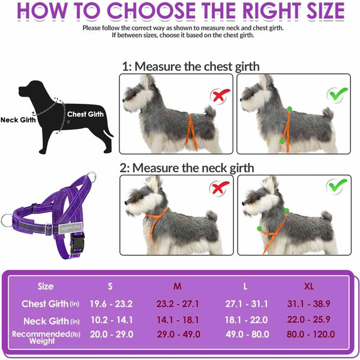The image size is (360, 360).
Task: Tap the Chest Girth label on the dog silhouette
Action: tap(85, 114)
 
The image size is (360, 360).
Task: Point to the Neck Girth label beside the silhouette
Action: tap(18, 120)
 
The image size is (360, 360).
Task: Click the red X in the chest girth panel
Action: tap(220, 95)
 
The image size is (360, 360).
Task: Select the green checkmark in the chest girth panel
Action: tap(337, 94)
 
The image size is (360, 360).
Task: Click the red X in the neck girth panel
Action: tap(219, 188)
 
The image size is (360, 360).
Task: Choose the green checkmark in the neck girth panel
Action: tap(337, 186)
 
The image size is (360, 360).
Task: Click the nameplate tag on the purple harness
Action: tap(70, 228)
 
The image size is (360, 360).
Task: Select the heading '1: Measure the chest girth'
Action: tap(191, 67)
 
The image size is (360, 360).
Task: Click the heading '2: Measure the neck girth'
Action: tap(187, 168)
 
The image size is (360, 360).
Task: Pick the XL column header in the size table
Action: tap(308, 286)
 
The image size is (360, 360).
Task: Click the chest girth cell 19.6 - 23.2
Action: tap(111, 304)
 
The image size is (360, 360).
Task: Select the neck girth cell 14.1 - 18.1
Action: tap(178, 320)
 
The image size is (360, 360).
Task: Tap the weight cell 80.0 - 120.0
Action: tap(311, 334)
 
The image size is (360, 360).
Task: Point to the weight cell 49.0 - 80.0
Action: tap(247, 334)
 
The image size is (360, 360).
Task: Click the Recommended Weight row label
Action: tap(46, 337)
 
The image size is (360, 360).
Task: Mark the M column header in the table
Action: tap(177, 286)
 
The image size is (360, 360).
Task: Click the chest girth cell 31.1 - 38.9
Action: tap(308, 304)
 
